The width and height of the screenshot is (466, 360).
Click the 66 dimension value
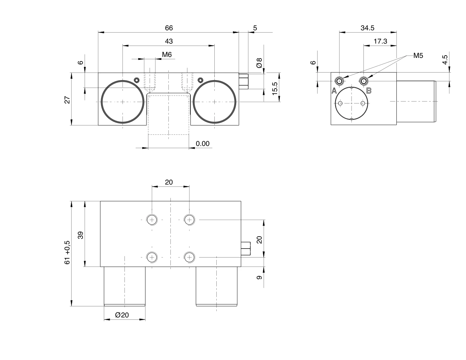click(169, 28)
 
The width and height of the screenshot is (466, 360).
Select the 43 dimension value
click(169, 41)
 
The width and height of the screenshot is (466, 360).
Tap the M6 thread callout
click(167, 55)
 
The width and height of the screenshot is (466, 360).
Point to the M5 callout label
click(418, 56)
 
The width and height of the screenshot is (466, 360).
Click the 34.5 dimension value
click(367, 28)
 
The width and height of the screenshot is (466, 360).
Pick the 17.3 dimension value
click(380, 41)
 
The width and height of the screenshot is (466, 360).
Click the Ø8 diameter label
click(259, 63)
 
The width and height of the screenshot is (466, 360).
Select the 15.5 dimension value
click(275, 89)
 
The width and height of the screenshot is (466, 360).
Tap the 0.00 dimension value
click(202, 144)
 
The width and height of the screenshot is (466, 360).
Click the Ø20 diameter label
click(122, 315)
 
